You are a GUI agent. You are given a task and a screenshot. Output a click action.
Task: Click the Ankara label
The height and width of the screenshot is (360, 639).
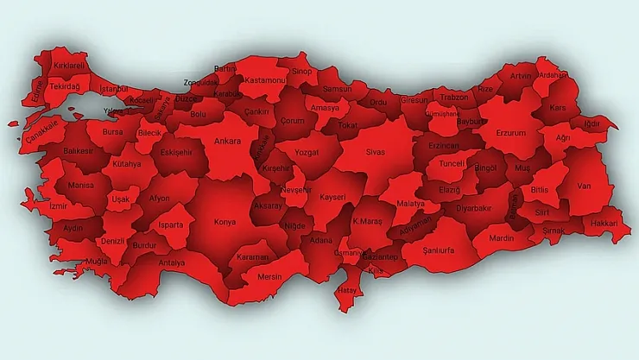[x=227, y=141]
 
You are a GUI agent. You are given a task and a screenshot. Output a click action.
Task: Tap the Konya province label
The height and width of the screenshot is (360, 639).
[x=224, y=221]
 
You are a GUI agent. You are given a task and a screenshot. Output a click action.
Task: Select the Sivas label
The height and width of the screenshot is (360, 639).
[x=375, y=152]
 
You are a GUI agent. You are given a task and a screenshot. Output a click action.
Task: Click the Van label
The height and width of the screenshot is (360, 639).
[x=584, y=185]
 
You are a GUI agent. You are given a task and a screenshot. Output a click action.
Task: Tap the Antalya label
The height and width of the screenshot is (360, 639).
[x=172, y=262]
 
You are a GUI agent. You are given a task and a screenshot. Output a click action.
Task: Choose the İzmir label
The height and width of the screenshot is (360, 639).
[x=57, y=207]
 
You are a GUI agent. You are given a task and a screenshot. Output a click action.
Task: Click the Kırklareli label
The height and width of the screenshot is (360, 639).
[x=71, y=65]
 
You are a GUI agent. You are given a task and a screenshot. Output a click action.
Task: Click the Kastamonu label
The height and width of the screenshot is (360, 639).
[x=264, y=79]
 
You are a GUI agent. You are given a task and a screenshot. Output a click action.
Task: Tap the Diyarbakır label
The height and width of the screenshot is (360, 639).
[x=473, y=208]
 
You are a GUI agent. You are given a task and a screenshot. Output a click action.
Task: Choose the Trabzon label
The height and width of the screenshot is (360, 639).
[x=454, y=98]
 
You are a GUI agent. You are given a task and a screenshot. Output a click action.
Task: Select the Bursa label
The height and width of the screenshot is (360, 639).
[x=112, y=133]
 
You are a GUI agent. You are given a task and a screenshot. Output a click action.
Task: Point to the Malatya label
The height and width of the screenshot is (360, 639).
[x=411, y=204]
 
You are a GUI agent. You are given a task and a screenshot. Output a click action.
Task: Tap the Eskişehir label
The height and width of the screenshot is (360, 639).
[x=177, y=152]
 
